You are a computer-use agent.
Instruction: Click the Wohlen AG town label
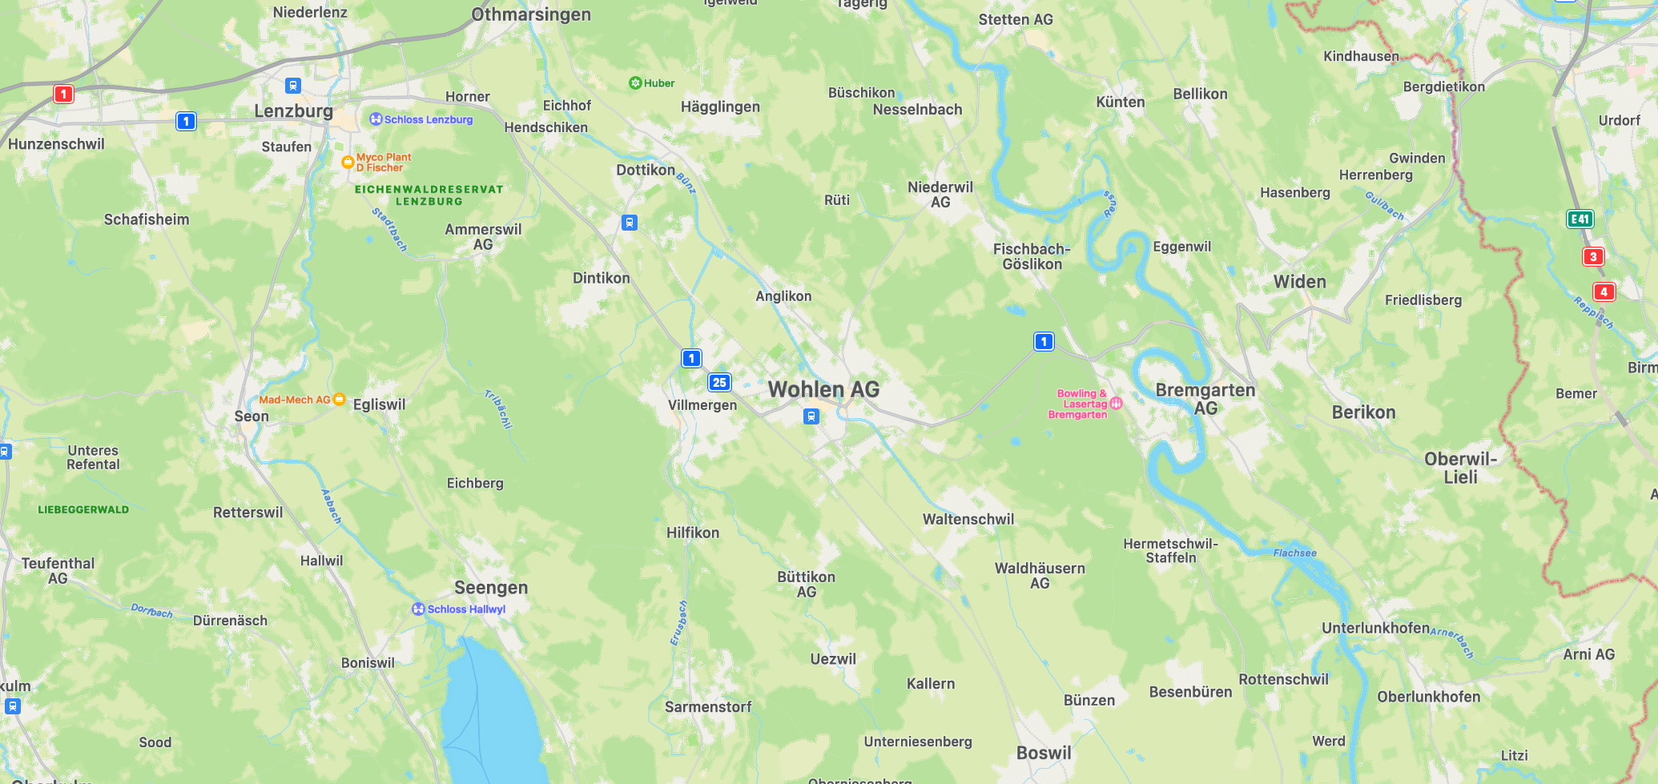pyautogui.click(x=823, y=390)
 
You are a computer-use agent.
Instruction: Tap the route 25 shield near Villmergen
pyautogui.click(x=719, y=382)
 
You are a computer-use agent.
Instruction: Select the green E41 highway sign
pyautogui.click(x=1580, y=219)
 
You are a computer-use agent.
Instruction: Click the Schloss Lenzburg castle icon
pyautogui.click(x=376, y=119)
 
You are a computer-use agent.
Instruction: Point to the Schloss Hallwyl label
pyautogui.click(x=466, y=609)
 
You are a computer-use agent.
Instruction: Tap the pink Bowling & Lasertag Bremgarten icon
pyautogui.click(x=1116, y=404)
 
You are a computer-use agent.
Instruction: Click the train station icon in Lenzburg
pyautogui.click(x=293, y=86)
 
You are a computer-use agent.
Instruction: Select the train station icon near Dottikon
pyautogui.click(x=630, y=223)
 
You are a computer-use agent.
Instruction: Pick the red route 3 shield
pyautogui.click(x=1593, y=257)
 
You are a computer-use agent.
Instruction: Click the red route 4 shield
pyautogui.click(x=1604, y=292)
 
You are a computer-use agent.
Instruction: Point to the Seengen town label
pyautogui.click(x=491, y=588)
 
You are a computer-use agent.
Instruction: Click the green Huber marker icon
pyautogui.click(x=635, y=83)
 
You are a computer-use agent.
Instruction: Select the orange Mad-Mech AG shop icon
pyautogui.click(x=339, y=399)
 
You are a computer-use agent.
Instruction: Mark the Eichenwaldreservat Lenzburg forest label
pyautogui.click(x=429, y=195)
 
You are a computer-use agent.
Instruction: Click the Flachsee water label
pyautogui.click(x=1294, y=553)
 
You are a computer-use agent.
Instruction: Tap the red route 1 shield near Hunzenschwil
pyautogui.click(x=63, y=94)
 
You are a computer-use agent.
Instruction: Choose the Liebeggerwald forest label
pyautogui.click(x=83, y=510)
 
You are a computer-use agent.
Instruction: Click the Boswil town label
pyautogui.click(x=1043, y=753)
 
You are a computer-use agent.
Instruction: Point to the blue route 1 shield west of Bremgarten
pyautogui.click(x=1044, y=342)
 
